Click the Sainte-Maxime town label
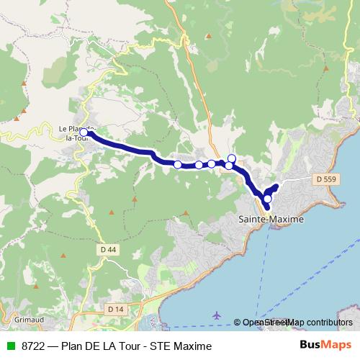pos(271,217)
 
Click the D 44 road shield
pos(107,249)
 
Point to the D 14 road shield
pos(115,309)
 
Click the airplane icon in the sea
pos(217,315)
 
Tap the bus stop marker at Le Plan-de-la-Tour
pos(84,132)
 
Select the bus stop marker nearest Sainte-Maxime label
pos(267,199)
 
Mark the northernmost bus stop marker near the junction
pos(232,158)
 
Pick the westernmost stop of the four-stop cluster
pos(178,165)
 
